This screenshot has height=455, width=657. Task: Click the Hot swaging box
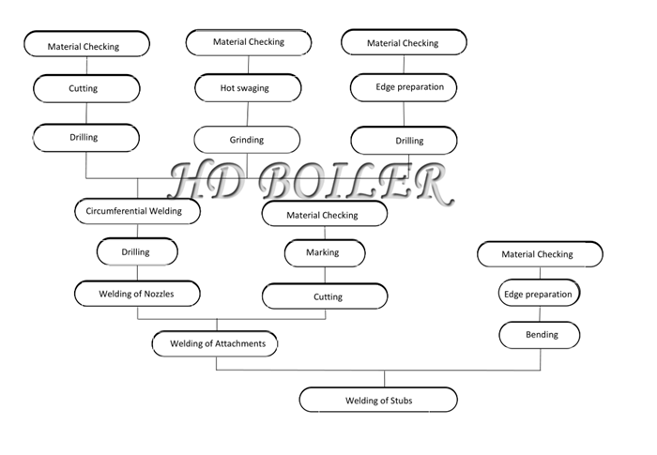click(248, 88)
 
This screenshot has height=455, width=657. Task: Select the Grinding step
click(247, 140)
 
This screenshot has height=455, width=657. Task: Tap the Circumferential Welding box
click(137, 211)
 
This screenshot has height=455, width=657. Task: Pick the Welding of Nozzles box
click(137, 294)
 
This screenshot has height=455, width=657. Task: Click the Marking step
click(325, 253)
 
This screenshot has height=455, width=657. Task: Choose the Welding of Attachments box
click(215, 343)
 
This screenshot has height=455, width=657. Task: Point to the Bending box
click(540, 335)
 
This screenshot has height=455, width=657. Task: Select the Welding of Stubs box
click(378, 400)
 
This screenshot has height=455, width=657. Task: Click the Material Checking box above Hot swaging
click(249, 42)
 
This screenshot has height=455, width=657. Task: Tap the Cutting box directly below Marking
click(325, 296)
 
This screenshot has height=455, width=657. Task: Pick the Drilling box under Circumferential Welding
click(137, 251)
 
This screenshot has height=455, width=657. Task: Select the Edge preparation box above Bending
click(540, 293)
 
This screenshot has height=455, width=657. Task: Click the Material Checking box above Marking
click(325, 214)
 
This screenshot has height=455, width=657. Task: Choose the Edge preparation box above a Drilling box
click(404, 87)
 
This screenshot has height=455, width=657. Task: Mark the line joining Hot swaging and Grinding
click(248, 114)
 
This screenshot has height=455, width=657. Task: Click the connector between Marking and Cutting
click(325, 275)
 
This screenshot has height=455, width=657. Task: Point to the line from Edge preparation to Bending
click(540, 313)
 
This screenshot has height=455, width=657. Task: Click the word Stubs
click(402, 401)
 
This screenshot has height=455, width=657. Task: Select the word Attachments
click(240, 344)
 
